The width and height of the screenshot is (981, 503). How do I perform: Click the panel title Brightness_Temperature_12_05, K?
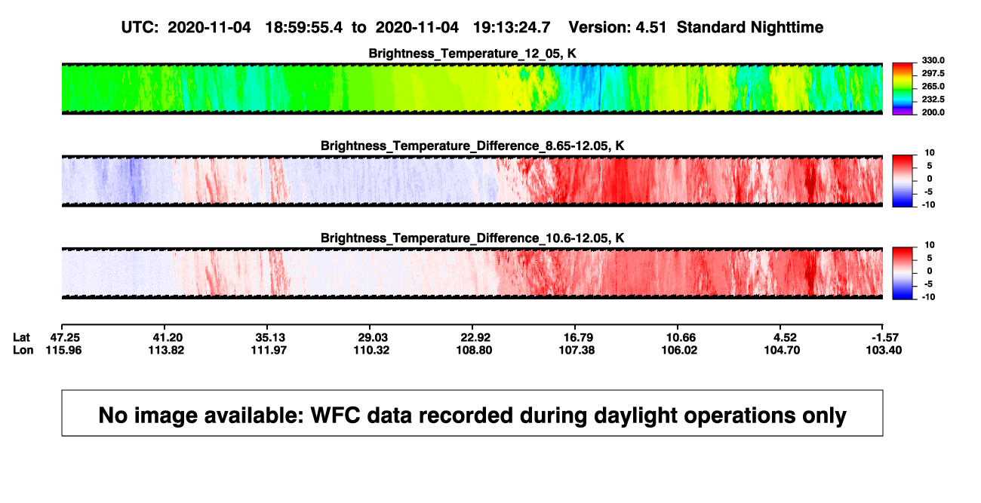(472, 54)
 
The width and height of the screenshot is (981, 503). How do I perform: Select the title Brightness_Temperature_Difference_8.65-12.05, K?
(472, 146)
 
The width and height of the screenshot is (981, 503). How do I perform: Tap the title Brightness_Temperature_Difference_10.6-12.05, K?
(472, 238)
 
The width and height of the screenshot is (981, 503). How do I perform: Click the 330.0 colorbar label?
(933, 60)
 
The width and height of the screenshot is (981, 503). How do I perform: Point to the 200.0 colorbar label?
(933, 112)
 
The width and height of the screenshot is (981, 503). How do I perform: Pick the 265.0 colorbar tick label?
(933, 86)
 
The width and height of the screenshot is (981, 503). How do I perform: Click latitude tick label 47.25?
(65, 338)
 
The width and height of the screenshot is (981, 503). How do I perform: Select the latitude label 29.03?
(373, 338)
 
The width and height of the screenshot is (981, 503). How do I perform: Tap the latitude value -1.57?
(884, 338)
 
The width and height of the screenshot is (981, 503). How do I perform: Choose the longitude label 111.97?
(269, 350)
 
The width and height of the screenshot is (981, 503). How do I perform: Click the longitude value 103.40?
(884, 350)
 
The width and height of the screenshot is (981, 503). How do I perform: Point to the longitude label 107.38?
(577, 350)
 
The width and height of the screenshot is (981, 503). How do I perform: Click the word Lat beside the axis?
(21, 338)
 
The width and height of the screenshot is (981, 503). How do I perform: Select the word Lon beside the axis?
(23, 350)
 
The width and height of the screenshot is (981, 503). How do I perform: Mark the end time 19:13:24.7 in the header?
(512, 28)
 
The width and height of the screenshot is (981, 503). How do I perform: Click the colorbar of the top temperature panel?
(903, 89)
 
